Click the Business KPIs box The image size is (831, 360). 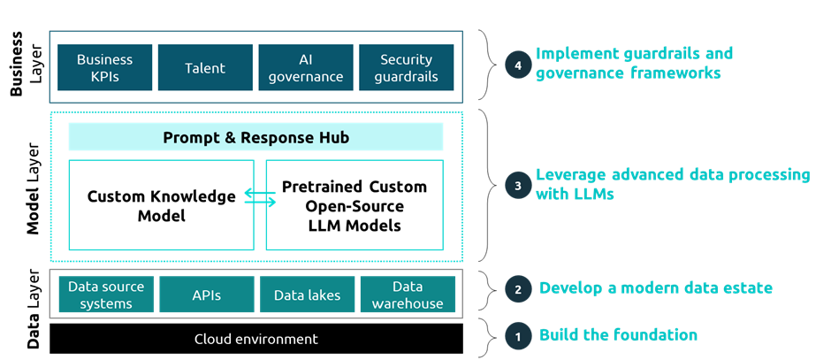[104, 68]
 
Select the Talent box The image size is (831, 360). [205, 68]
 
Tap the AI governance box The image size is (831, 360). [306, 68]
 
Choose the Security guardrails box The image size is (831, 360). [406, 68]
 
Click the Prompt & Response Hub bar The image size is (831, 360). [255, 137]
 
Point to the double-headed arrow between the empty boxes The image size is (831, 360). [260, 197]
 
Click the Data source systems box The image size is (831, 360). [106, 295]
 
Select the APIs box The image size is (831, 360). [206, 295]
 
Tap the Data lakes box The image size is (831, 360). [307, 295]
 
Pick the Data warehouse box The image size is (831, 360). [408, 295]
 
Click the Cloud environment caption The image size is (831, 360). [255, 339]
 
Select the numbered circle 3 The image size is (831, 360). [517, 185]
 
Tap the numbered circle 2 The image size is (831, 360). [517, 289]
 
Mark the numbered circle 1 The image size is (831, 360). [517, 336]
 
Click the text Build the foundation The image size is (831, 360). [618, 335]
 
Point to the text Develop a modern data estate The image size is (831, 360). [655, 288]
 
